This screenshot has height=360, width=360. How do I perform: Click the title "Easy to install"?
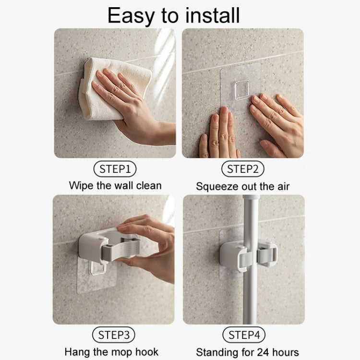[x=173, y=15]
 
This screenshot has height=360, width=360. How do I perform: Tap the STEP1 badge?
[x=115, y=168]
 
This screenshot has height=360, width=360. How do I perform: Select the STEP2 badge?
[x=242, y=168]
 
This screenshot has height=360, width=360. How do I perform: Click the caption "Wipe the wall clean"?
[x=115, y=185]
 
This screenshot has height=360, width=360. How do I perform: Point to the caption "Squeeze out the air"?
[x=243, y=186]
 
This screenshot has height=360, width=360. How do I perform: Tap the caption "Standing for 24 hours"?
[x=247, y=352]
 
